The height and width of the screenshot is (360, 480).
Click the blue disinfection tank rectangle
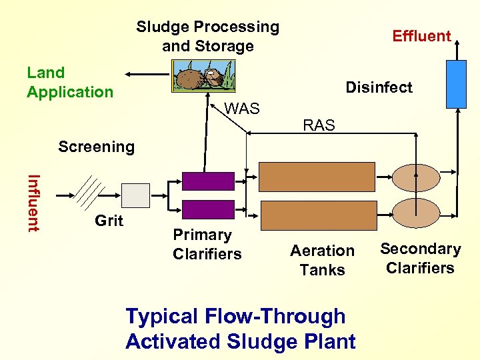click(x=456, y=83)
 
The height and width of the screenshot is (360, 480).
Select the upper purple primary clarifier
click(x=209, y=181)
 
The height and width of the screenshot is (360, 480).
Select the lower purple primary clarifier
click(x=209, y=209)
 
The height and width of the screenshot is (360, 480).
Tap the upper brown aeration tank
click(x=317, y=177)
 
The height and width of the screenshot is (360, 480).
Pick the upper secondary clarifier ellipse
click(x=416, y=177)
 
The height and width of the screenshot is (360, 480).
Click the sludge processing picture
click(x=203, y=75)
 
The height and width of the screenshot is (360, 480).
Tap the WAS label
click(x=242, y=109)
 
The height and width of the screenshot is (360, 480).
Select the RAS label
click(x=319, y=125)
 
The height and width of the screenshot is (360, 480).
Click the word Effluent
click(x=421, y=36)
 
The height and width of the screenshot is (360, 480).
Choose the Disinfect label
click(x=379, y=87)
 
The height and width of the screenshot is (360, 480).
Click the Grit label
click(x=109, y=221)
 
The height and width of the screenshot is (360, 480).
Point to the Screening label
click(x=96, y=147)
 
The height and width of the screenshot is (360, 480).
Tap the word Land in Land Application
click(x=45, y=73)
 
